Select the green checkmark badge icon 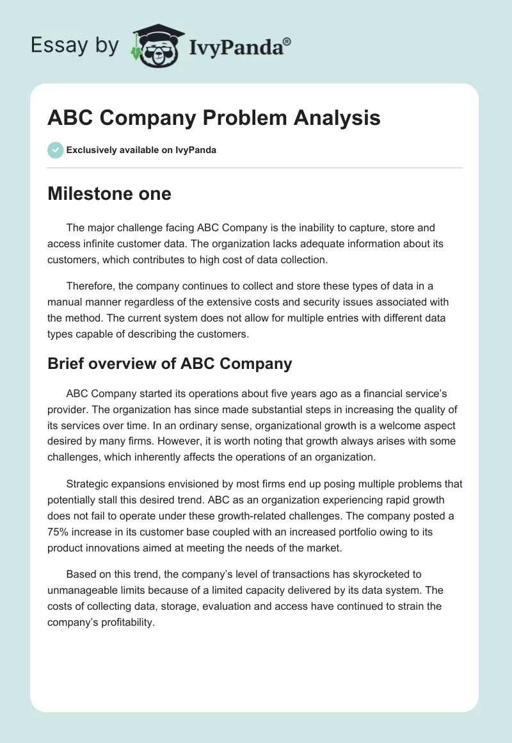55,150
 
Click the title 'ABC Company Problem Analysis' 214,118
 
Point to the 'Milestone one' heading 109,193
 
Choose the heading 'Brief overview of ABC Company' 170,364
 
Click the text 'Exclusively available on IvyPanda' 141,151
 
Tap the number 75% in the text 58,532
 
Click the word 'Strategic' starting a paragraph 88,484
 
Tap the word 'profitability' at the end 123,621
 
